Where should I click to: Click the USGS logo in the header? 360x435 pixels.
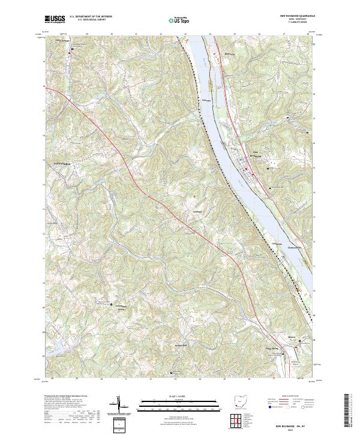pyautogui.click(x=55, y=19)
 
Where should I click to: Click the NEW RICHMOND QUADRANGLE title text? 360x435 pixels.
pyautogui.click(x=298, y=16)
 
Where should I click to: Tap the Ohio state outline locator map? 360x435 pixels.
pyautogui.click(x=241, y=401)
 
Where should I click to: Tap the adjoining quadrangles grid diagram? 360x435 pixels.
pyautogui.click(x=238, y=420)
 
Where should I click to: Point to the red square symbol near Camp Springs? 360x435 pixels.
pyautogui.click(x=70, y=53)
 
